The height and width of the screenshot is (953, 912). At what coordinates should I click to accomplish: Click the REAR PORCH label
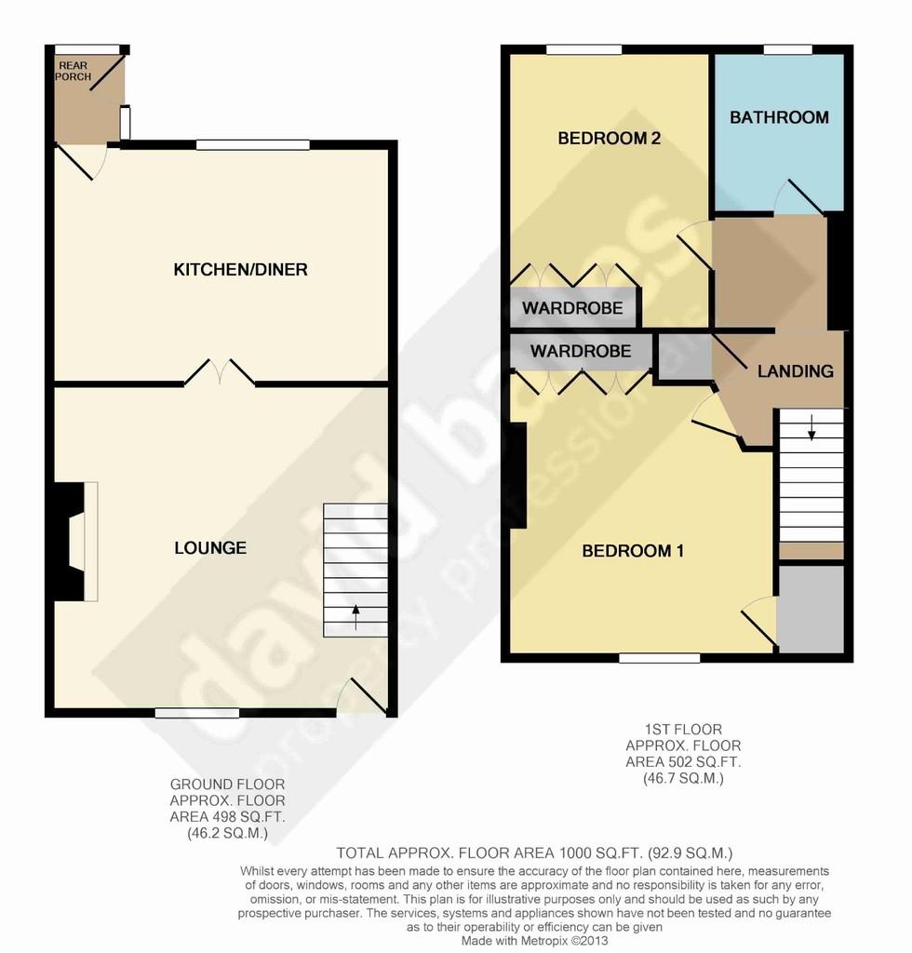[x=73, y=71]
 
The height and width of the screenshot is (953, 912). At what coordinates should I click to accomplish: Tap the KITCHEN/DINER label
[x=241, y=269]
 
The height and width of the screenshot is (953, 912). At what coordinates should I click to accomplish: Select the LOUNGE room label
[x=210, y=547]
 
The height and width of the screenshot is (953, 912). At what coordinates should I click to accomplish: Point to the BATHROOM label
[x=779, y=117]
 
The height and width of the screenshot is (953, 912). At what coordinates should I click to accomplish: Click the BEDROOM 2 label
[x=609, y=138]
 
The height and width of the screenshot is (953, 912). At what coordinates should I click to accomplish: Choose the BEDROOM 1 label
[x=633, y=551]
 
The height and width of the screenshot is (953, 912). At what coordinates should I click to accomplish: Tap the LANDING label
[x=796, y=370]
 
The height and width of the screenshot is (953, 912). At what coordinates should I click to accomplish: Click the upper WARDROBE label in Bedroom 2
[x=572, y=308]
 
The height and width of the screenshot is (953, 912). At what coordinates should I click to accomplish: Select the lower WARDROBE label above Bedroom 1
[x=581, y=351]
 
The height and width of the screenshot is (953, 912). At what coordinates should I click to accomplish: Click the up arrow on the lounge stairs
[x=356, y=617]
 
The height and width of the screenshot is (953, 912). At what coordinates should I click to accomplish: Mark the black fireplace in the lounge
[x=69, y=542]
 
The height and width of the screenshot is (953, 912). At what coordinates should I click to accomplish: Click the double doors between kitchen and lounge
[x=220, y=372]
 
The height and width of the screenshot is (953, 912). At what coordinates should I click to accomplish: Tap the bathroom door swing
[x=799, y=197]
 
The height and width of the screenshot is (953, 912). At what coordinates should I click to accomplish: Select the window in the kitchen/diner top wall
[x=253, y=144]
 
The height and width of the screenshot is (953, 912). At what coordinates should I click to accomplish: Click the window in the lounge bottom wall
[x=197, y=713]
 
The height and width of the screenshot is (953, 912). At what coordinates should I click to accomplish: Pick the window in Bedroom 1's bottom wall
[x=660, y=658]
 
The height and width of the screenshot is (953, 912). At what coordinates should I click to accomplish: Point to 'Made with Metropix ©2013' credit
[x=535, y=941]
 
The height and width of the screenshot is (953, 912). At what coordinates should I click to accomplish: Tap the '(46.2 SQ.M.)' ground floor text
[x=227, y=833]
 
